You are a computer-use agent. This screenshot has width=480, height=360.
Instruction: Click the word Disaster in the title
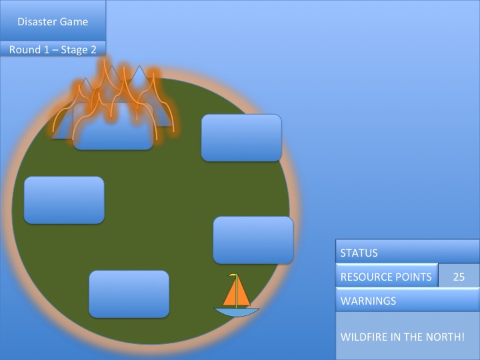coord(39,21)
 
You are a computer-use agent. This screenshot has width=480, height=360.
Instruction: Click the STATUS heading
coord(359,253)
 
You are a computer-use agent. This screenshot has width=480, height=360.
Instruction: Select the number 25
coord(459,277)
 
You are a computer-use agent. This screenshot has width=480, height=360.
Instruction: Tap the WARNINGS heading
coord(368,301)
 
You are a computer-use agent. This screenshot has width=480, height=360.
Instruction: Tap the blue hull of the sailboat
coord(236,311)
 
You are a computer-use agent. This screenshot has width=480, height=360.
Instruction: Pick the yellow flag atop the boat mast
coord(233,275)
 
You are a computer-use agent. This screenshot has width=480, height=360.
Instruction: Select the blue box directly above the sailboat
coord(253,239)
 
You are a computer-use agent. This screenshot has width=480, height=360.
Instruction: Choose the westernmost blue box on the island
coord(64,200)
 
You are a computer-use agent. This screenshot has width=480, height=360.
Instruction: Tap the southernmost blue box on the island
coord(129,294)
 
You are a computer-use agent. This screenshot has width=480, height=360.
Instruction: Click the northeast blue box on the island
coord(241,137)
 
